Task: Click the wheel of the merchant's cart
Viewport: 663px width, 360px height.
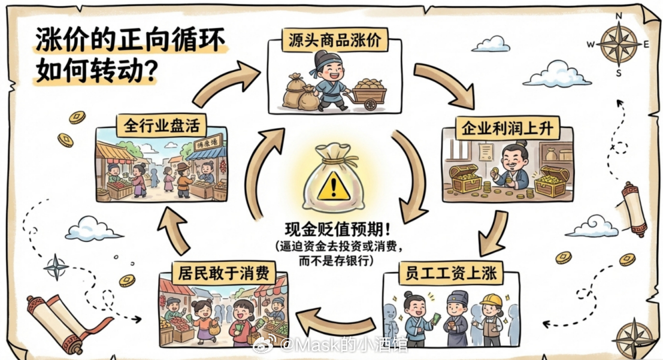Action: click(370, 104)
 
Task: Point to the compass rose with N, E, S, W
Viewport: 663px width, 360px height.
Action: click(619, 44)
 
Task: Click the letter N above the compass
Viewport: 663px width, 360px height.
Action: click(619, 16)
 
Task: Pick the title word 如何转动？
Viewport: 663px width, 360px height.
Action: click(97, 71)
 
